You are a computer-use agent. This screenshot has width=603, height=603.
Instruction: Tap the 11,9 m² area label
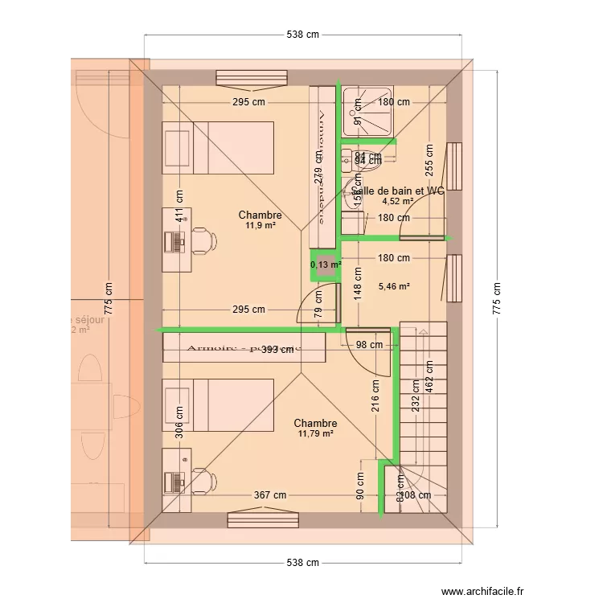(x=260, y=227)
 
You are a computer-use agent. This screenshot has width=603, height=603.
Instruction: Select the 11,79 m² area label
(x=315, y=434)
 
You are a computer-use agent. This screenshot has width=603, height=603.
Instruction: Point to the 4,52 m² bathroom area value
(x=397, y=202)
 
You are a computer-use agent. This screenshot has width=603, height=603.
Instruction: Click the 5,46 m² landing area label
(x=394, y=285)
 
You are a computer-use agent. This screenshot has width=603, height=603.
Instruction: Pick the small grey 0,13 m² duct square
(x=326, y=269)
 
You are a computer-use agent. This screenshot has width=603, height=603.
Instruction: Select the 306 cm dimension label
(x=178, y=417)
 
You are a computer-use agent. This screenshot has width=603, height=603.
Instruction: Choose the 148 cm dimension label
(x=358, y=282)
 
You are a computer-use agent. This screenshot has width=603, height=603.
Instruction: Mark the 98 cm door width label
(x=371, y=345)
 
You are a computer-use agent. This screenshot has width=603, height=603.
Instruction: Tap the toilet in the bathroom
(x=351, y=191)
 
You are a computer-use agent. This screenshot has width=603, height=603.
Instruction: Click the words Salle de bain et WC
(x=397, y=191)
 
